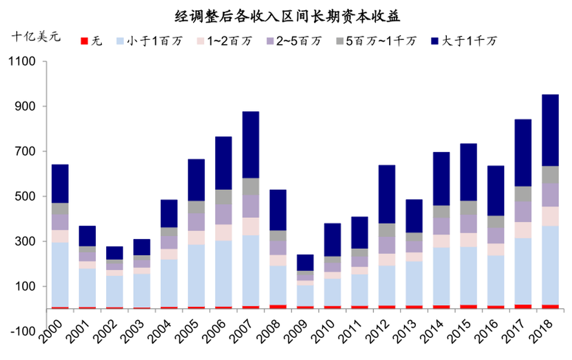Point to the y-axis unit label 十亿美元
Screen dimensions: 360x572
(x=36, y=36)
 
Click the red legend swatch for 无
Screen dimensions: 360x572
(x=84, y=41)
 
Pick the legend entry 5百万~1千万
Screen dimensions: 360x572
(x=378, y=41)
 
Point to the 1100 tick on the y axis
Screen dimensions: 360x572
(x=23, y=61)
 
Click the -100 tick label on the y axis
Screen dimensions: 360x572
(x=23, y=331)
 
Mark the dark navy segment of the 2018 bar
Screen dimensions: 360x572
(x=550, y=130)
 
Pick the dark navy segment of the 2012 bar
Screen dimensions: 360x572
(x=387, y=194)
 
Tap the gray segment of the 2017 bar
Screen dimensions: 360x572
(x=523, y=194)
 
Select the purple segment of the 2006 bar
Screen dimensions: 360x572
(x=223, y=214)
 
